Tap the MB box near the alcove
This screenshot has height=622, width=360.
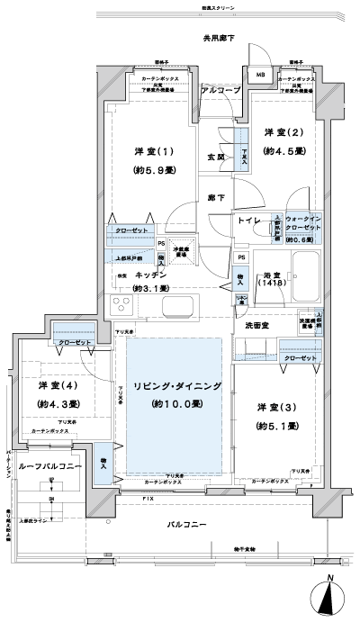pos(261,77)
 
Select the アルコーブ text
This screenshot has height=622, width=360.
pos(220,92)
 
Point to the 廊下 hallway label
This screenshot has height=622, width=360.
pos(216,195)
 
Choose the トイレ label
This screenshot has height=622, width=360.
pos(249,221)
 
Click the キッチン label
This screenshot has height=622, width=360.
pos(148,275)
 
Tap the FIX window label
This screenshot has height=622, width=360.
pos(147,497)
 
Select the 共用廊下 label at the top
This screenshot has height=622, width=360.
pos(218,39)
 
